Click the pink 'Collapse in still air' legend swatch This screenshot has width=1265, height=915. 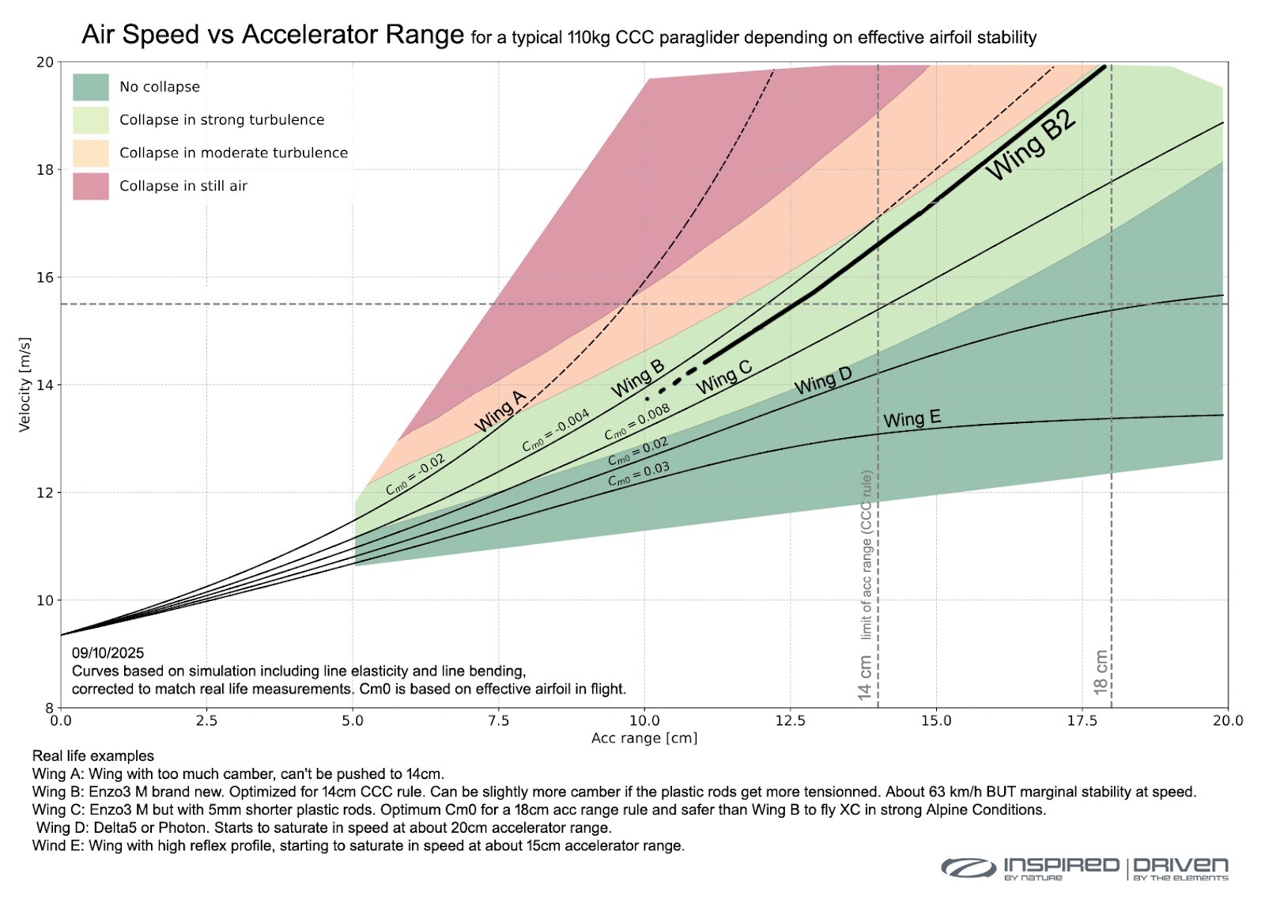pos(90,187)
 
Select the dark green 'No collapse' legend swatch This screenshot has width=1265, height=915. pos(90,87)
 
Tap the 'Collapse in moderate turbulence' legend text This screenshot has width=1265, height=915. pos(233,153)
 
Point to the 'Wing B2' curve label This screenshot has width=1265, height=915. pos(1031,146)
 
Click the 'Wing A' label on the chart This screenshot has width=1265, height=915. pos(500,411)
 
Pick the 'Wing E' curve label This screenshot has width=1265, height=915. pos(912,418)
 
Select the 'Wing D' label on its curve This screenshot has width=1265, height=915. pos(823,381)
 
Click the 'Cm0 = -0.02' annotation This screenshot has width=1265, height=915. pos(416,475)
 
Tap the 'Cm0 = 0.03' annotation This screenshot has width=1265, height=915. pos(638,474)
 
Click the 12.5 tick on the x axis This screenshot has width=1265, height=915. pos(790,720)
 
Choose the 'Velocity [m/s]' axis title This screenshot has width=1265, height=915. pos(25,384)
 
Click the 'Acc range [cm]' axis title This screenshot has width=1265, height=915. pos(644,738)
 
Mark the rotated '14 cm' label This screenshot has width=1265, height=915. pos(865,677)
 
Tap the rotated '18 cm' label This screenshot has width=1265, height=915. pos(1101,672)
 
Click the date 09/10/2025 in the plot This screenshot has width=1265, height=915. pos(108,653)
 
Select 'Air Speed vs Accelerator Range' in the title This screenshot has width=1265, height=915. pos(273,35)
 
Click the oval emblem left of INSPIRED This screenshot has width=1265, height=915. pos(968,868)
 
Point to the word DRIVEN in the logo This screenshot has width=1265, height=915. pos(1181,865)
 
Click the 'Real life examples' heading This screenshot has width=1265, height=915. pos(93,756)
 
